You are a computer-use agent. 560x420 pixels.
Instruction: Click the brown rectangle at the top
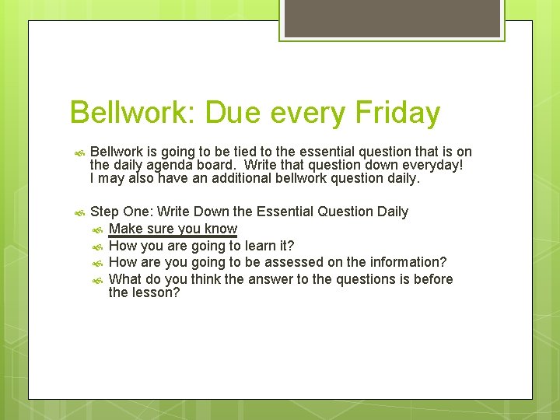(392, 18)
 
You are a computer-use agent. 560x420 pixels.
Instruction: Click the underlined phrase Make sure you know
(173, 229)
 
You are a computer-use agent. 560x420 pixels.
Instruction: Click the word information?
(410, 262)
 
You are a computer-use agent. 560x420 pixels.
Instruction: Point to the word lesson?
(156, 293)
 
